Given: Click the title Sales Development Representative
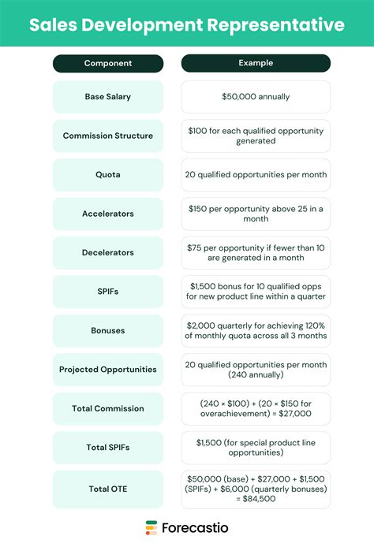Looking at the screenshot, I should pyautogui.click(x=187, y=24).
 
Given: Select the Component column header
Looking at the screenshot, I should pyautogui.click(x=108, y=63).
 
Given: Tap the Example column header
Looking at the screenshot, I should pyautogui.click(x=256, y=63).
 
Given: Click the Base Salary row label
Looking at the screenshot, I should pyautogui.click(x=108, y=97).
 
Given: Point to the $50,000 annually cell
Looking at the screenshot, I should pyautogui.click(x=256, y=97).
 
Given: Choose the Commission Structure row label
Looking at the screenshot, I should pyautogui.click(x=108, y=136).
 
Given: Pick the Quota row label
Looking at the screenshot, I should pyautogui.click(x=108, y=175).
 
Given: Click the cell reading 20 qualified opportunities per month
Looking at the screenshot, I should pyautogui.click(x=256, y=175).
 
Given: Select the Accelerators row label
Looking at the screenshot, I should pyautogui.click(x=108, y=214).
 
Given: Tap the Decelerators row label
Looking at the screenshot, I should pyautogui.click(x=108, y=253).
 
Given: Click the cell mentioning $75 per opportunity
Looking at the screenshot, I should pyautogui.click(x=256, y=253).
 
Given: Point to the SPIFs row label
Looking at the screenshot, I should pyautogui.click(x=108, y=292).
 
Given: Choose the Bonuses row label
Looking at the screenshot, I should pyautogui.click(x=108, y=330).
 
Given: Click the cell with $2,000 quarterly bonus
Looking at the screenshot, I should pyautogui.click(x=256, y=330).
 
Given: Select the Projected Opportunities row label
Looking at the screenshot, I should pyautogui.click(x=108, y=370).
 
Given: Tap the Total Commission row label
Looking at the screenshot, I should pyautogui.click(x=108, y=408).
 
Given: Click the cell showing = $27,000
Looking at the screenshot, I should pyautogui.click(x=256, y=408).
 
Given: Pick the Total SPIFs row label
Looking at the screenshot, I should pyautogui.click(x=108, y=448).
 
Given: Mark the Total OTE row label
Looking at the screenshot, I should pyautogui.click(x=108, y=489).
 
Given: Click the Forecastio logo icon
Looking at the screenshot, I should pyautogui.click(x=151, y=527).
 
